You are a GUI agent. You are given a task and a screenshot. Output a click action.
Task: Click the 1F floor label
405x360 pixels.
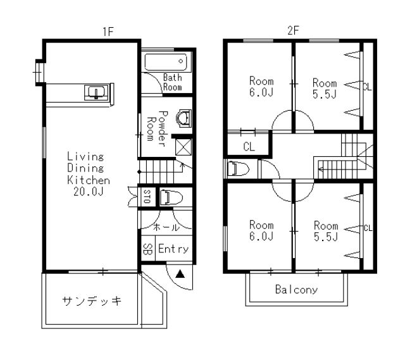[108, 32]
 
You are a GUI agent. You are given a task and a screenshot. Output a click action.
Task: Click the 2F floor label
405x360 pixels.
[293, 31]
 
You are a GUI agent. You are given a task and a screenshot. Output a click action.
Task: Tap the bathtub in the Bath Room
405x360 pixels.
[166, 62]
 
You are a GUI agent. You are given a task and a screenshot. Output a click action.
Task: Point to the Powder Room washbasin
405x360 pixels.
[184, 118]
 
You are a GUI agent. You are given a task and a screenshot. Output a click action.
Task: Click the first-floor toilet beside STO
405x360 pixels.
[171, 197]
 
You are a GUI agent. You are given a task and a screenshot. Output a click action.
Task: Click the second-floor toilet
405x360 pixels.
[238, 168]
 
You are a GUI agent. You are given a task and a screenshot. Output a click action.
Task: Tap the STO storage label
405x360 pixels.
[147, 197]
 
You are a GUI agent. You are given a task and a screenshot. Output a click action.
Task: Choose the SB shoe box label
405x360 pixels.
[147, 249]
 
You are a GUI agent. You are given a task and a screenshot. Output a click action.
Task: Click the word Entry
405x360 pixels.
[173, 249]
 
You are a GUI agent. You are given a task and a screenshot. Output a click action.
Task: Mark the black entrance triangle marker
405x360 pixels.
[180, 274]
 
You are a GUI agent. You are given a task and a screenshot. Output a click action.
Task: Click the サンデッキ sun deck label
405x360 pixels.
[92, 301]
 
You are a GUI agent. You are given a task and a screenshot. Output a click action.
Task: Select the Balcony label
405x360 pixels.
[296, 290]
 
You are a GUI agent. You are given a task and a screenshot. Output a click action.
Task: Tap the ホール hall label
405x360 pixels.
[166, 227]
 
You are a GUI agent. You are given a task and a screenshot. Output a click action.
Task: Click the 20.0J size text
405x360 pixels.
[89, 191]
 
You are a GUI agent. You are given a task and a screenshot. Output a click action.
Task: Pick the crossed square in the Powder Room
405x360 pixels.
[184, 147]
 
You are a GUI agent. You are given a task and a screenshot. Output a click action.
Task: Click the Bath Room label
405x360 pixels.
[172, 82]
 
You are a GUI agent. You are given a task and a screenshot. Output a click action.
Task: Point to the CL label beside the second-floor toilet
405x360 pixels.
[249, 147]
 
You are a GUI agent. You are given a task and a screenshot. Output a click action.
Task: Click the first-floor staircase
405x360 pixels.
[160, 171]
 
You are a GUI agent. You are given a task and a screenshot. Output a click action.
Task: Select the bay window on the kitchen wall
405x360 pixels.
[39, 72]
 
